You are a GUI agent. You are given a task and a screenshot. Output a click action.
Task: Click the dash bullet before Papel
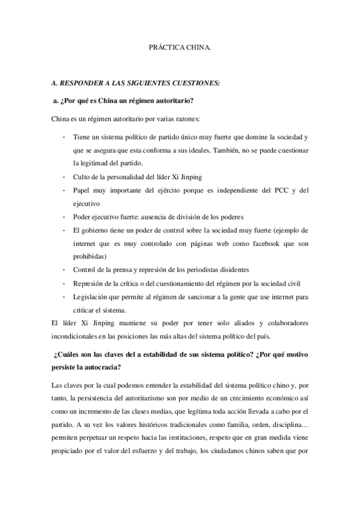pyautogui.click(x=64, y=191)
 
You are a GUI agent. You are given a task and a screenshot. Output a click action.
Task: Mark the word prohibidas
pyautogui.click(x=91, y=256)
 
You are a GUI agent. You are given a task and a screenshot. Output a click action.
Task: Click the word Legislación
pyautogui.click(x=92, y=297)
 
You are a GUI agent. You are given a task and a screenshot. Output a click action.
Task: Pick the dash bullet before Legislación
pyautogui.click(x=64, y=297)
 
